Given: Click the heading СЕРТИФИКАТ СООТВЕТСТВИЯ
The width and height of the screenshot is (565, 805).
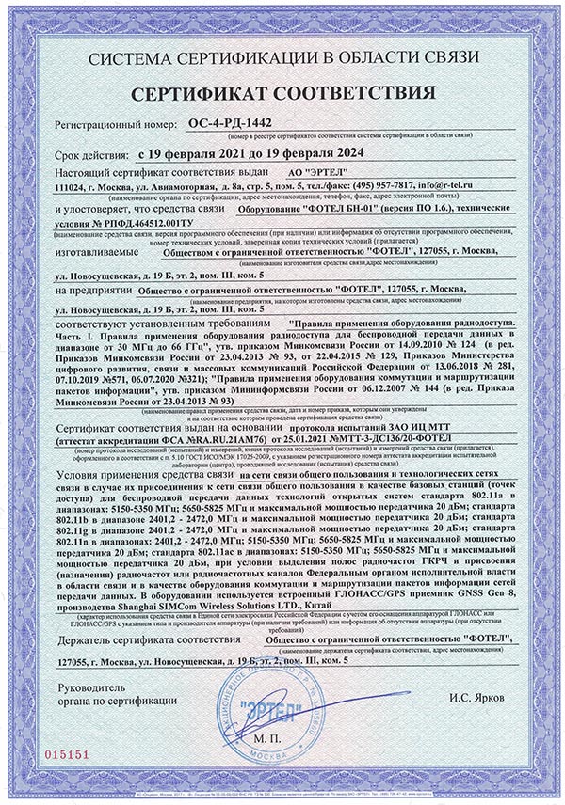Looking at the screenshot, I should (282, 93).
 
